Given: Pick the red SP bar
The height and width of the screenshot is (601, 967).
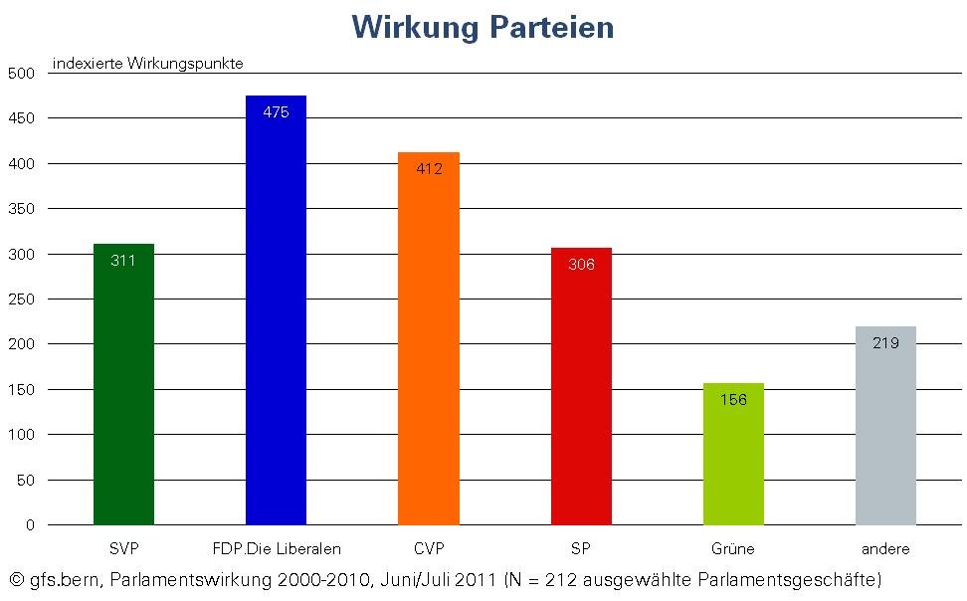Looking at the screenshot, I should [581, 398].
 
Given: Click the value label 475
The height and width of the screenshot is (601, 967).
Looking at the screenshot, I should [276, 112].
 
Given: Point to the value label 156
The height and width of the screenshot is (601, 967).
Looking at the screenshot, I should [733, 400].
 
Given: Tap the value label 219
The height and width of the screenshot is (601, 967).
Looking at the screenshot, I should [885, 343].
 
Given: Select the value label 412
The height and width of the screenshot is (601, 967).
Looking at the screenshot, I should [429, 169].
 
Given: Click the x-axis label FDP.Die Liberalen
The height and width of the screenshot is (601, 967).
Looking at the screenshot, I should [277, 549].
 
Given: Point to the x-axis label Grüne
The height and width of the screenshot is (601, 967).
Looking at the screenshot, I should [733, 549].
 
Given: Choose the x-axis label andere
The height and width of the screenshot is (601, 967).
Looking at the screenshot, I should [885, 549].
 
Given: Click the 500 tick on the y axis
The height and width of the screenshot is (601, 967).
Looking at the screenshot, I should [21, 73].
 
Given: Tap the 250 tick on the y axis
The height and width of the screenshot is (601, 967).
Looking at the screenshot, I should [21, 299].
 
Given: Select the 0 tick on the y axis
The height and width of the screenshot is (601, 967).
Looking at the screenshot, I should [30, 524].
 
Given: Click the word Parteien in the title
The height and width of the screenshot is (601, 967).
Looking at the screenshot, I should [551, 27].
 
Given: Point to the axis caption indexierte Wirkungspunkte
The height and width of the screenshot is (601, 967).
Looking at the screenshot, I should [148, 64].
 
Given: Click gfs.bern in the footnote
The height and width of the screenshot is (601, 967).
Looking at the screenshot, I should [63, 579].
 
